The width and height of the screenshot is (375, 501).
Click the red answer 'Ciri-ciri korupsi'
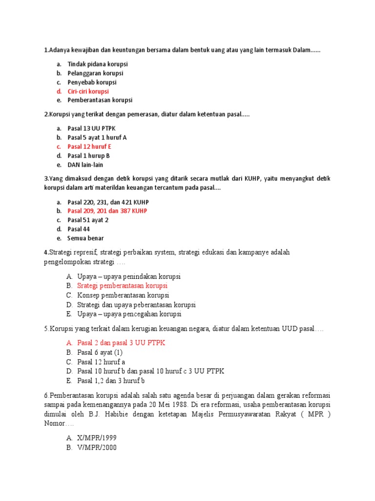pos(88,91)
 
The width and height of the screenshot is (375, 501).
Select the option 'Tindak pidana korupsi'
pos(97,64)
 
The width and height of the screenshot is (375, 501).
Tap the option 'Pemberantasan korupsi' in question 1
pos(100,100)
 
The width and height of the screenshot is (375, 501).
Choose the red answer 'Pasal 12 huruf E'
pos(89,147)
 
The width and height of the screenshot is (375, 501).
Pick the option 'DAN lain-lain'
pos(85,165)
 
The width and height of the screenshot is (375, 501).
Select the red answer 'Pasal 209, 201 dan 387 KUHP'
pos(107,211)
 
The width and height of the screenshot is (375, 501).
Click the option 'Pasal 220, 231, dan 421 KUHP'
pos(108,202)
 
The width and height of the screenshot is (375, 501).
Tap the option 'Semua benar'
pos(85,238)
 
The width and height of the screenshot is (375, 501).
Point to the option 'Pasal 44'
pos(79,229)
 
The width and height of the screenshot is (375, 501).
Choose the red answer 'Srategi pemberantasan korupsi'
pos(122,286)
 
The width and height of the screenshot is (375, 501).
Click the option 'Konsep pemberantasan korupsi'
pos(123,295)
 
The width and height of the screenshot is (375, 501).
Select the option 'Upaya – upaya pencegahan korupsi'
pos(129,314)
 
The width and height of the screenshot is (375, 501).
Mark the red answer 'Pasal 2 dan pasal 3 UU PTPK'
pos(121,343)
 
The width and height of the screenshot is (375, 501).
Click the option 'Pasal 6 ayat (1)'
pos(100,352)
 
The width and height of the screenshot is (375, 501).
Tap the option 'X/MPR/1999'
pos(97,438)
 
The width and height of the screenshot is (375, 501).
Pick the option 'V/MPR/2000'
pos(97,447)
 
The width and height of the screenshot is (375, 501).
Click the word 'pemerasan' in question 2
pos(128,114)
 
